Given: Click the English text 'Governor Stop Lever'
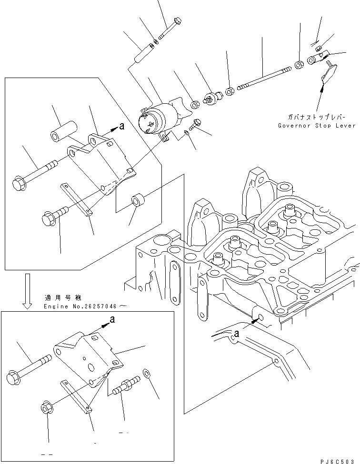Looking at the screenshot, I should (x=317, y=126).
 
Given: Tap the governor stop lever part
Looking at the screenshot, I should (x=328, y=74).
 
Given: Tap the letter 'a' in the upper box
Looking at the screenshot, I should (x=121, y=127).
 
